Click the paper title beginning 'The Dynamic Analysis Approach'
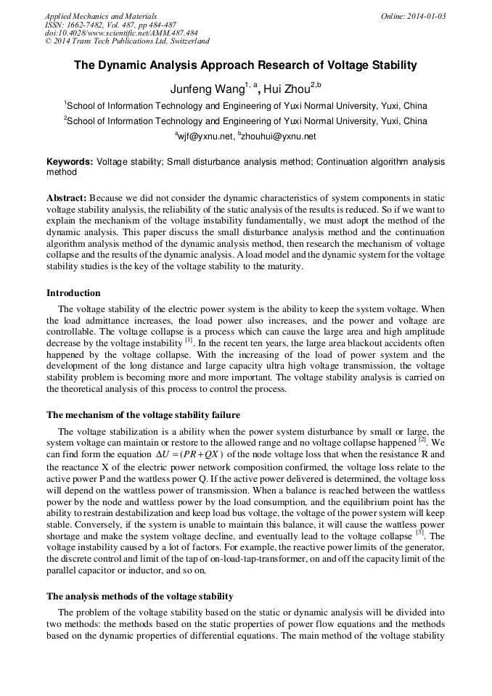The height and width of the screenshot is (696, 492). point(245,65)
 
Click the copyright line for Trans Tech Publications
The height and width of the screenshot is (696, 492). point(127,41)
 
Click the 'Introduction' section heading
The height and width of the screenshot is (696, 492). point(73,293)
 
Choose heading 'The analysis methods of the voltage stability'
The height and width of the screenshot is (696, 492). point(139,596)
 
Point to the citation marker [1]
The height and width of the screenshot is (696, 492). point(189,340)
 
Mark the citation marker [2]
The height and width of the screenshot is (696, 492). point(422,440)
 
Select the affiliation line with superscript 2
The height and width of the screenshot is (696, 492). point(245,121)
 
